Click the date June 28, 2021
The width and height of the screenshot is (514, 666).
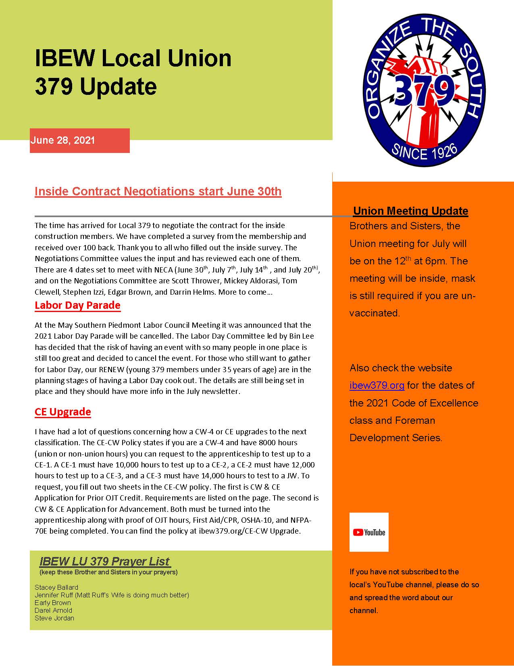point(62,140)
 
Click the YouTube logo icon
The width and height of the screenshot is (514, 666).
point(369,532)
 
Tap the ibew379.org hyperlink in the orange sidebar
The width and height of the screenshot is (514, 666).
point(377,385)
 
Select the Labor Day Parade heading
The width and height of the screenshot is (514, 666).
point(77,305)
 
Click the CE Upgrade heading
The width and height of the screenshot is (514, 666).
point(63,412)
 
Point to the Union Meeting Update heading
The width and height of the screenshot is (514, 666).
point(410,211)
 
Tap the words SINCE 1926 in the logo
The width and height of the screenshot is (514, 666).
point(425,153)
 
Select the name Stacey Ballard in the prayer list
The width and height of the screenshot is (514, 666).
point(56,587)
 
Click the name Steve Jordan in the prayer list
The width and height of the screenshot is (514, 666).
point(54,618)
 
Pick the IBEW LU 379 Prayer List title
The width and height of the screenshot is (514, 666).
point(105,561)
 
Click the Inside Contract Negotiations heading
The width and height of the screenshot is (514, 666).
point(158,191)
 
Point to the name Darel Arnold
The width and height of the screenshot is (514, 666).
point(53,610)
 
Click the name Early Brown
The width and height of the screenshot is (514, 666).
point(53,603)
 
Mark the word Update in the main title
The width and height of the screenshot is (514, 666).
point(118,86)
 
